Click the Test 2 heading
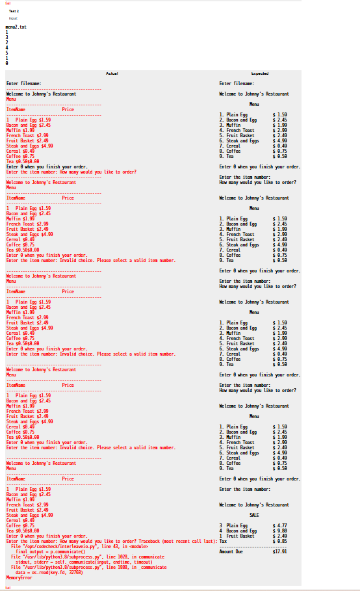(14, 11)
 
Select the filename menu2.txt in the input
(16, 27)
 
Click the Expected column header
(259, 73)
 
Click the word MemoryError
(19, 577)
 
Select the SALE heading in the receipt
(254, 515)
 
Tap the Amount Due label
(231, 551)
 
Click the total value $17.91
(280, 551)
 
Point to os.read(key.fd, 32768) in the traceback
(62, 572)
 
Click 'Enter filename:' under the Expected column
(237, 83)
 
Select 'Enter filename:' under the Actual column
(23, 83)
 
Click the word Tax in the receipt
(223, 541)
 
